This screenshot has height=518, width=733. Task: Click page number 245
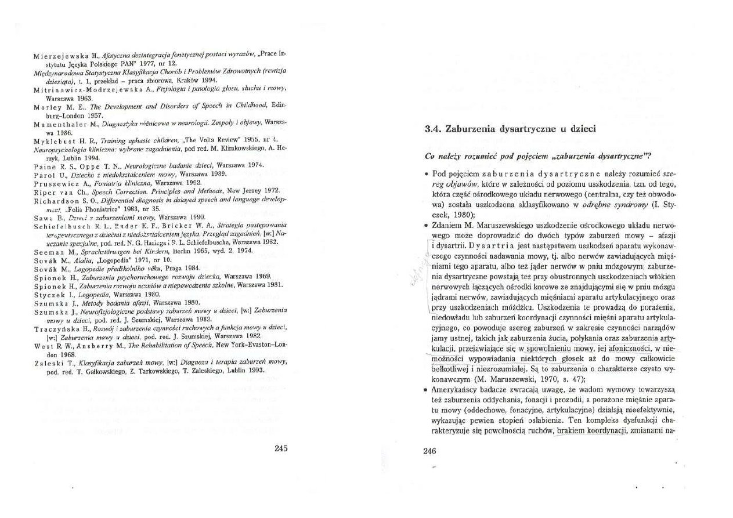tap(281, 448)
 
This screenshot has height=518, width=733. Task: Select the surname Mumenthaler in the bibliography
tap(57, 124)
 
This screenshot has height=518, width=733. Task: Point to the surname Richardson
tap(59, 200)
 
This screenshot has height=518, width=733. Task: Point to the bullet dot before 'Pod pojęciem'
tap(427, 174)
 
